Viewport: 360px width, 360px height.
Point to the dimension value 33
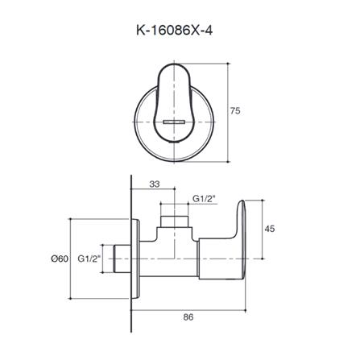153,185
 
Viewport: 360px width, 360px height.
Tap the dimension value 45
269,229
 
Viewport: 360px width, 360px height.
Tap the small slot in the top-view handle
179,121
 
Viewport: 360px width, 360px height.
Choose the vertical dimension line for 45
257,229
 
